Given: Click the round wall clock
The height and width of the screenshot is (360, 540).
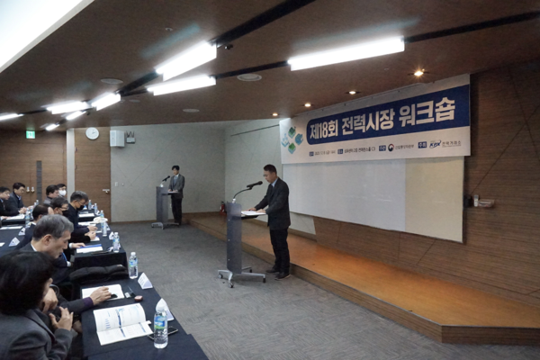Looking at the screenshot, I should click(x=92, y=133).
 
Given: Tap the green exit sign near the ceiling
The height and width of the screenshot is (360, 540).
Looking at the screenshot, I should click(x=31, y=134).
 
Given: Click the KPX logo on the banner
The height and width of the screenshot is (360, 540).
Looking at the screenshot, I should click(x=436, y=144).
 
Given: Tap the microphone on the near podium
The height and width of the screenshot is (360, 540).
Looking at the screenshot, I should click(x=255, y=184).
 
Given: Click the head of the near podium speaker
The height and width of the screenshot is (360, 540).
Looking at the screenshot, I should click(x=270, y=171).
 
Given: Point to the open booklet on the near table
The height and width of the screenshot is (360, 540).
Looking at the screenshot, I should click(x=121, y=321).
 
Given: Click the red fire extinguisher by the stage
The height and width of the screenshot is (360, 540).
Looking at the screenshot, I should click(x=221, y=208).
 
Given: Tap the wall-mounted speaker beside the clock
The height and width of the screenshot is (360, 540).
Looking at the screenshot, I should click(x=117, y=138).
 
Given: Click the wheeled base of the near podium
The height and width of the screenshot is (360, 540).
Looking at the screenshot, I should click(x=241, y=276).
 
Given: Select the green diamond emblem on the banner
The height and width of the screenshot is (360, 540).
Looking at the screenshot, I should click(x=292, y=138).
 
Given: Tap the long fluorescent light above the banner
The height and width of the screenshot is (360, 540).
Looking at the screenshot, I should click(x=346, y=53).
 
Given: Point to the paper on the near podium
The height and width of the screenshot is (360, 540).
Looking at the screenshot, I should click(x=252, y=213).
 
